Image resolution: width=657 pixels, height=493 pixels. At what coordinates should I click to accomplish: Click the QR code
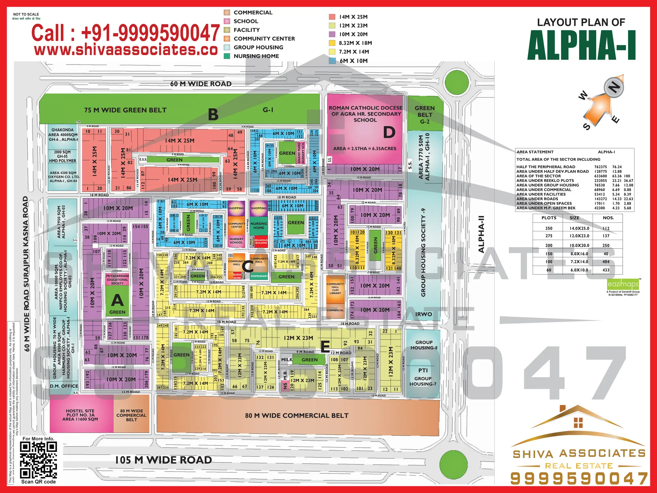[38, 460]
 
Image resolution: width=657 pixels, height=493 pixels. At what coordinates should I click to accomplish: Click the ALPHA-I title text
[581, 46]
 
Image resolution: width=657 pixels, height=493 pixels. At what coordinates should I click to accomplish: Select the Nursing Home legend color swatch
[227, 56]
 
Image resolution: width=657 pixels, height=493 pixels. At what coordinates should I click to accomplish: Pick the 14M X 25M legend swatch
[332, 17]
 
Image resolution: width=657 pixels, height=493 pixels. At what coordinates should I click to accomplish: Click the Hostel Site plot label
[80, 415]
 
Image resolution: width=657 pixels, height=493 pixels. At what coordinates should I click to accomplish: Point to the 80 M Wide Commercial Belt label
[297, 416]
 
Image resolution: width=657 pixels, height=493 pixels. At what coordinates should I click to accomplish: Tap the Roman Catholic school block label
[365, 114]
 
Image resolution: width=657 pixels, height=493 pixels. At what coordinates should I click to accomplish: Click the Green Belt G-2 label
[425, 115]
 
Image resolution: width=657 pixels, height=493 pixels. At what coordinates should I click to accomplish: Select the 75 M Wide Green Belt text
[125, 110]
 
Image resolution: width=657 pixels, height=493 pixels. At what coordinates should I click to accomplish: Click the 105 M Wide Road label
[164, 460]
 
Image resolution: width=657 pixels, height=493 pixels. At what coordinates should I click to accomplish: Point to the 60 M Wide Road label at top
[201, 84]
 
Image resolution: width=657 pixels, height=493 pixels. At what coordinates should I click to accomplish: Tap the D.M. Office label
[64, 386]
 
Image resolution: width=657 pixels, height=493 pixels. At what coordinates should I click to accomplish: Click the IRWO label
[423, 314]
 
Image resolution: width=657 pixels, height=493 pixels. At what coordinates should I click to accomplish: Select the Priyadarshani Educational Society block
[117, 280]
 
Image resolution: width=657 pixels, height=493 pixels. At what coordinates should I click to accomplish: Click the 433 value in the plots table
[606, 270]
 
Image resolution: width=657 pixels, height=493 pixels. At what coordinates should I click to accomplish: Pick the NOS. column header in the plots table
[608, 218]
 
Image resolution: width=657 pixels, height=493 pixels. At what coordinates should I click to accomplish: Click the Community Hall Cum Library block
[335, 288]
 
